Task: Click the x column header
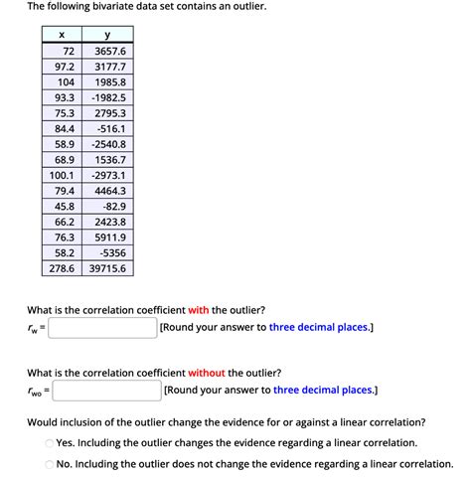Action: pyautogui.click(x=65, y=35)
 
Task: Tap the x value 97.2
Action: pyautogui.click(x=65, y=67)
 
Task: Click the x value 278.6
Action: pyautogui.click(x=65, y=268)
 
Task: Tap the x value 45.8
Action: pyautogui.click(x=65, y=206)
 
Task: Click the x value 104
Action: pyautogui.click(x=65, y=81)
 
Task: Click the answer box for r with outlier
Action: pyautogui.click(x=101, y=327)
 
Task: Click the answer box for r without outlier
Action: pyautogui.click(x=107, y=391)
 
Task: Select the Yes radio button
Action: pyautogui.click(x=49, y=443)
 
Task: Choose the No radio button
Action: pyautogui.click(x=49, y=464)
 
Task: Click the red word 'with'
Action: pyautogui.click(x=199, y=309)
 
